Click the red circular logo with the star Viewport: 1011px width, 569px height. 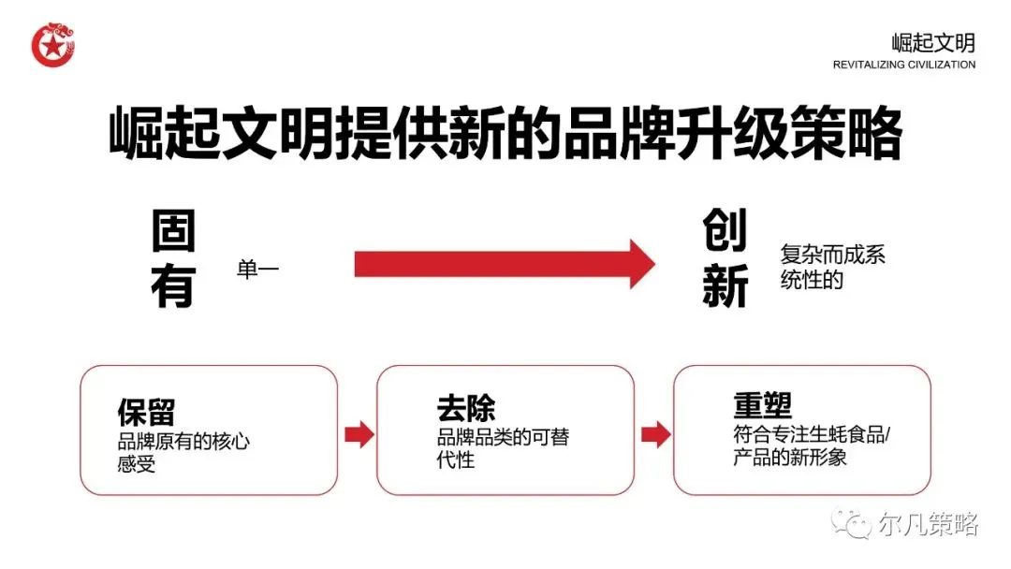coord(52,44)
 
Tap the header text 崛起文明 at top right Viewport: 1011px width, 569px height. coord(932,42)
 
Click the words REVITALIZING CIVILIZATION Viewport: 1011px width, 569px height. coord(903,66)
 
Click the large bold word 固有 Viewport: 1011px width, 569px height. coord(174,259)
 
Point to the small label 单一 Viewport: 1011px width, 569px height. coord(258,270)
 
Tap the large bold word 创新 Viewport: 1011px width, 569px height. coord(725,259)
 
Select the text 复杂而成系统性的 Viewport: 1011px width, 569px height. coord(832,267)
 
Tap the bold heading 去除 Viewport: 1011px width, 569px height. coord(465,408)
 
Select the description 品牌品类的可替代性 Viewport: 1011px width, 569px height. coord(503,447)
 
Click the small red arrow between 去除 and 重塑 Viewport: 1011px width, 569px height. coord(655,434)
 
